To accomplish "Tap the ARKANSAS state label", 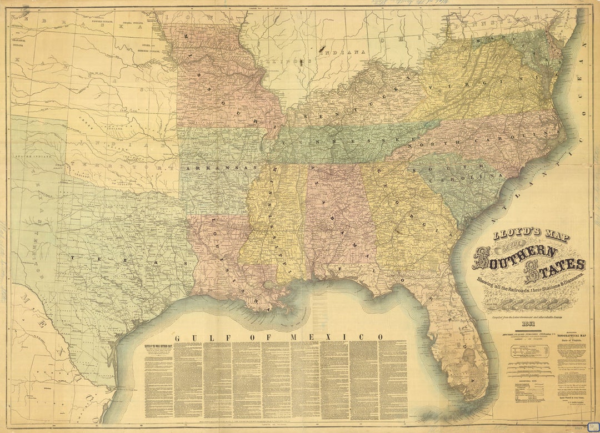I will coord(222,167).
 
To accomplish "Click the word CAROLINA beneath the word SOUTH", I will coord(475,175).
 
